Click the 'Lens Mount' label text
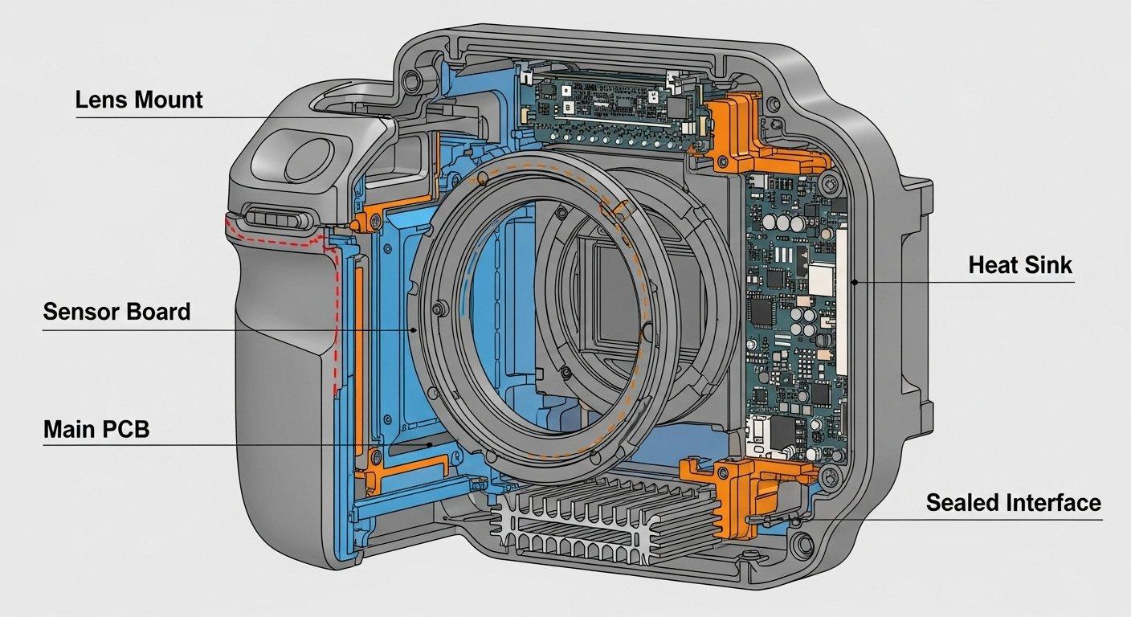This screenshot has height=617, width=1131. coord(138,100)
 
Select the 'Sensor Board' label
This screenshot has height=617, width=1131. coord(116,312)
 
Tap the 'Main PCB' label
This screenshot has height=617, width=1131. coord(96,429)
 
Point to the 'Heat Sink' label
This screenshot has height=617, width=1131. coord(1020,265)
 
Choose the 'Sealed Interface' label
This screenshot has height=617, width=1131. coord(1013,503)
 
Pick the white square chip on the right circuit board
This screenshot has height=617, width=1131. coord(820,278)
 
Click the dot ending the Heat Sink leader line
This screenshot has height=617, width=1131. coord(855,282)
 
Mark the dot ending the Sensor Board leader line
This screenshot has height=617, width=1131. coord(413,329)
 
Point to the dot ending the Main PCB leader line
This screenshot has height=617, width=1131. coord(431,444)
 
